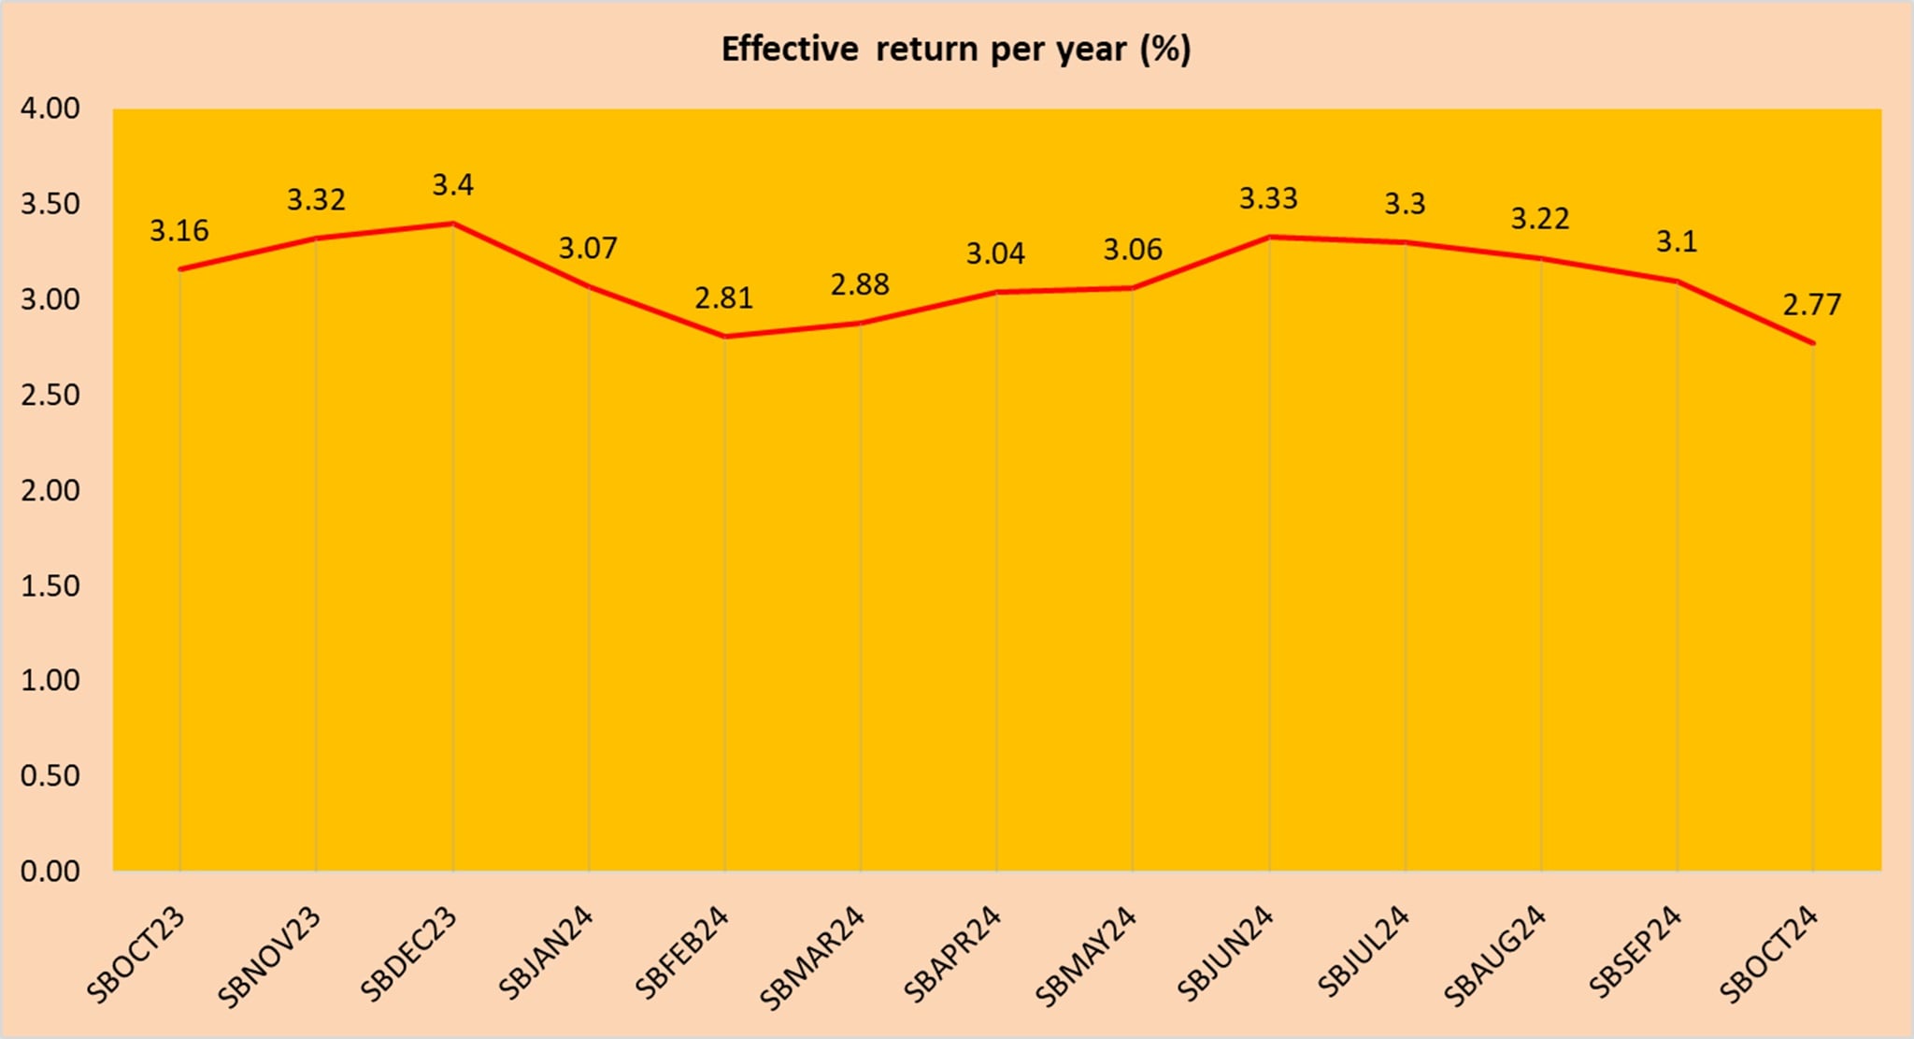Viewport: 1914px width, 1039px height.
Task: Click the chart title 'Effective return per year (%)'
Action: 955,49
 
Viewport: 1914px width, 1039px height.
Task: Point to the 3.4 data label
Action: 452,185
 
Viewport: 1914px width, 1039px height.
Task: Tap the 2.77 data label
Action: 1811,305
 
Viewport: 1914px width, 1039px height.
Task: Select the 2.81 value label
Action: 723,298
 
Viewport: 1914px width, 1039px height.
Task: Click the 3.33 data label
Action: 1268,198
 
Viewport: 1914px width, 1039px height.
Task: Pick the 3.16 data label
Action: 179,231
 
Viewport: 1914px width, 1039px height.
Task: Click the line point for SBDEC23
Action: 452,224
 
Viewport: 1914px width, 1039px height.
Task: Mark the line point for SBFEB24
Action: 724,336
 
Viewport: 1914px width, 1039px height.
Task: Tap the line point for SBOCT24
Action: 1813,343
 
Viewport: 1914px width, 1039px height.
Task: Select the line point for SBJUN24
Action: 1269,237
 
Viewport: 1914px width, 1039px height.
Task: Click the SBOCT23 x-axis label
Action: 136,955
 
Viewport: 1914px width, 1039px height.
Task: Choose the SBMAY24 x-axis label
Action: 1086,957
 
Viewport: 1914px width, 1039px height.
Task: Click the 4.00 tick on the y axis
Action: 50,108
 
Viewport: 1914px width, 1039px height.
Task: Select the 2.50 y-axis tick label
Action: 50,395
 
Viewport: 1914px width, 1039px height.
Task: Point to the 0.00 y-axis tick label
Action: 50,871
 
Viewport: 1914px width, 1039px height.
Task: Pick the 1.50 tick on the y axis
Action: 50,585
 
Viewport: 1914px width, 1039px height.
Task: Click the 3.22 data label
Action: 1540,219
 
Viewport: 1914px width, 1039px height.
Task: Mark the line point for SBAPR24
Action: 996,292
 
